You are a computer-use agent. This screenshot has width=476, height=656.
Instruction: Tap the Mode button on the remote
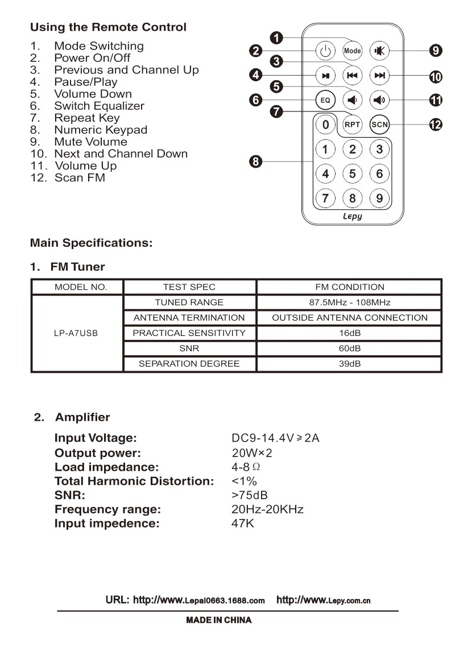point(353,51)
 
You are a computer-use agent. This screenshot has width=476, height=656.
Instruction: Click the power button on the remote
point(325,51)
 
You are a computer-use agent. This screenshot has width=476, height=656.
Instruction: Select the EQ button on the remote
point(325,101)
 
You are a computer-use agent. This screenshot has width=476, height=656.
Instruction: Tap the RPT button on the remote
point(353,124)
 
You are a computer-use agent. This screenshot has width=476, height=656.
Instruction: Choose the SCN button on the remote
point(379,124)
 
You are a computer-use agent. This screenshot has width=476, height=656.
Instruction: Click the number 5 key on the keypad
point(353,173)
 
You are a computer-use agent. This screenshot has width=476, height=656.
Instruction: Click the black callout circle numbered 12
point(436,124)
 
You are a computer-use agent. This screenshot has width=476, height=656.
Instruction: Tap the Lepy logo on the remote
point(353,217)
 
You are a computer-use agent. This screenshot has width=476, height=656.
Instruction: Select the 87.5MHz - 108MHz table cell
point(349,302)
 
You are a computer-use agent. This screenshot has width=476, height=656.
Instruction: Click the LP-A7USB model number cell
point(76,333)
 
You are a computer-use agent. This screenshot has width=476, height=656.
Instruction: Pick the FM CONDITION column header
point(349,287)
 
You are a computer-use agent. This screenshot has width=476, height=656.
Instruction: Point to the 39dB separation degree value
point(349,364)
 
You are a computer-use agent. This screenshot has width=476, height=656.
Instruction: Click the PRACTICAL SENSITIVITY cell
point(189,333)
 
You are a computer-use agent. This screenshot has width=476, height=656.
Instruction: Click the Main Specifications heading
point(91,243)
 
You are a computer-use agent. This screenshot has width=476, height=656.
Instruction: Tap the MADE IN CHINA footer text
point(219,620)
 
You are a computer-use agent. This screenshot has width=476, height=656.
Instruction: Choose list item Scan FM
point(80,178)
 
